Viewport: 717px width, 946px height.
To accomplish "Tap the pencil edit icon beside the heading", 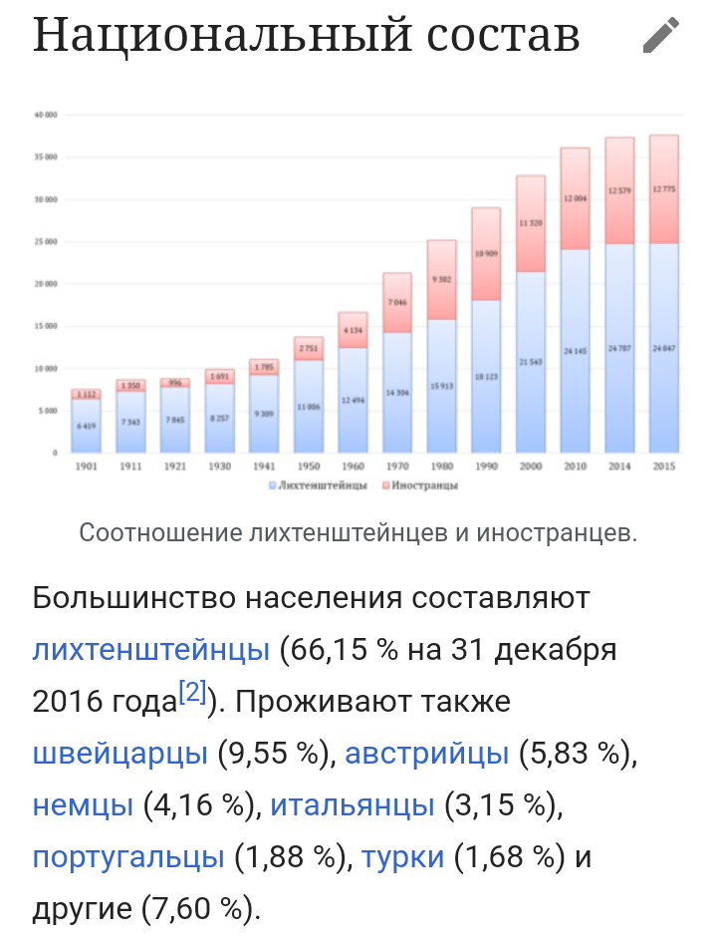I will [x=661, y=35].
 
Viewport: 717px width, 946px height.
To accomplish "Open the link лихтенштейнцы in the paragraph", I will [x=151, y=650].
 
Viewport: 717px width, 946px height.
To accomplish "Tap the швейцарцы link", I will [x=120, y=753].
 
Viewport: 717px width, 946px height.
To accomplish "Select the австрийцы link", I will [x=427, y=753].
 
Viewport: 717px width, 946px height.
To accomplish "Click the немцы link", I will [x=83, y=804].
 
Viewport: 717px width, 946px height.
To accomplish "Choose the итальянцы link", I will [x=353, y=804].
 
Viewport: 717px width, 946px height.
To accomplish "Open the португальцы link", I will [x=128, y=856].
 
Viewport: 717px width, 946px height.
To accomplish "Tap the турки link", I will [x=402, y=856].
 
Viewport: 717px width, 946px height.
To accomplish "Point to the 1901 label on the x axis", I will [x=86, y=466].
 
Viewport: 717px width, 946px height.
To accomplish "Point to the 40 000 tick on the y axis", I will [x=45, y=115].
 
